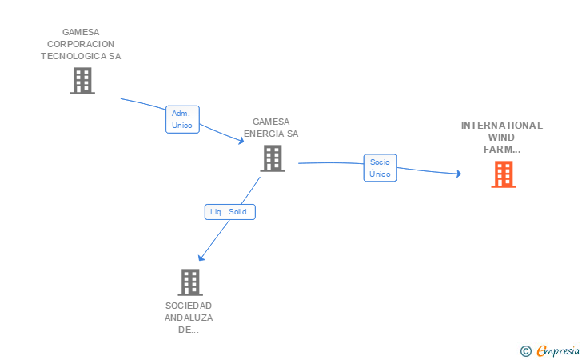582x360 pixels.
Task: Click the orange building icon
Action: [x=504, y=174]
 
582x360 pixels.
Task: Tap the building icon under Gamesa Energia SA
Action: [x=273, y=158]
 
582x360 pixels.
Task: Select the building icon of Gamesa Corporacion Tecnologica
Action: [x=82, y=81]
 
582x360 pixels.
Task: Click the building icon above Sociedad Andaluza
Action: [x=190, y=282]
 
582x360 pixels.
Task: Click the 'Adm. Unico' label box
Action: [x=182, y=119]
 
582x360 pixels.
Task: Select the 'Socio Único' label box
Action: [x=380, y=168]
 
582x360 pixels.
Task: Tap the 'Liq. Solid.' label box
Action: [x=229, y=212]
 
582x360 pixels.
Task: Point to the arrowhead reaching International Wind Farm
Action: [x=459, y=174]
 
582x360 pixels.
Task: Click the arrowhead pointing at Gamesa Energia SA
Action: [x=241, y=141]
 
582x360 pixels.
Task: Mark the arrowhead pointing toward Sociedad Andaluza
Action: [x=201, y=258]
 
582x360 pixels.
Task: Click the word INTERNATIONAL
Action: [x=501, y=126]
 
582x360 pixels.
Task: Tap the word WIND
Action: [x=501, y=138]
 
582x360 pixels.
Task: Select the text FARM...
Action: [x=498, y=150]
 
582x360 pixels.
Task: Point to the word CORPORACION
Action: [x=81, y=44]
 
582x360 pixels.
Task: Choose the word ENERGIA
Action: [x=265, y=134]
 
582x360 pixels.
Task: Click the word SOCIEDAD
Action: [x=189, y=306]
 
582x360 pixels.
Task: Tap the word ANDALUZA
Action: [x=189, y=318]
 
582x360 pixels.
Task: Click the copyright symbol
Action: [x=525, y=351]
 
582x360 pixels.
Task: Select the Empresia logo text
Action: [x=558, y=350]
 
